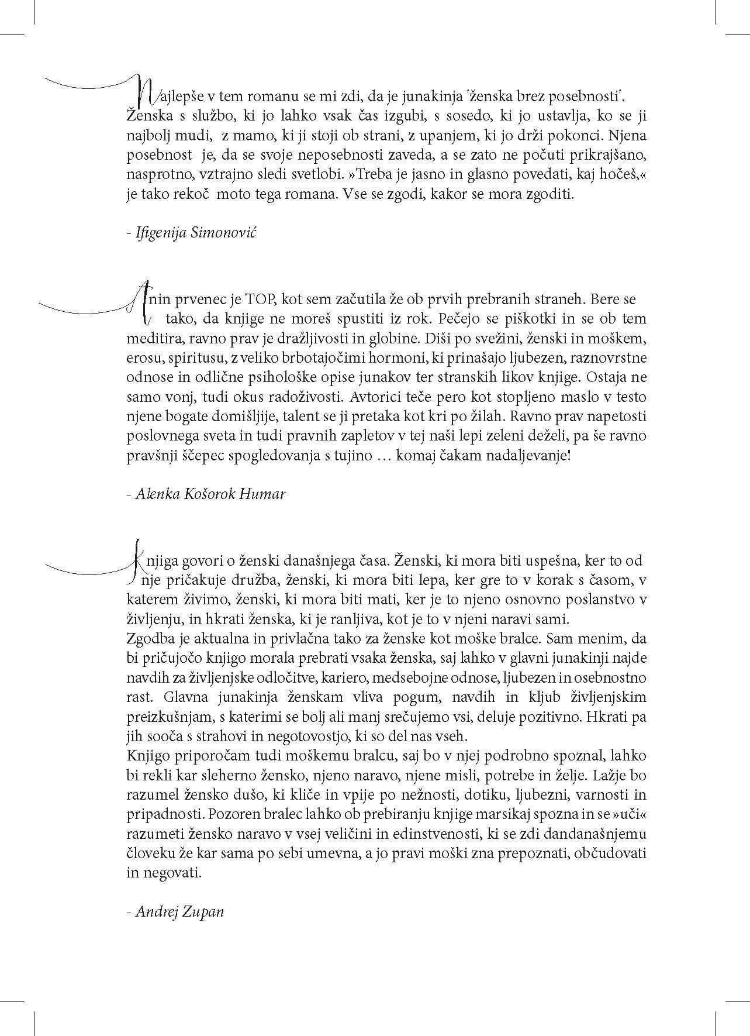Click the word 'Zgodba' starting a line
tap(149, 638)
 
